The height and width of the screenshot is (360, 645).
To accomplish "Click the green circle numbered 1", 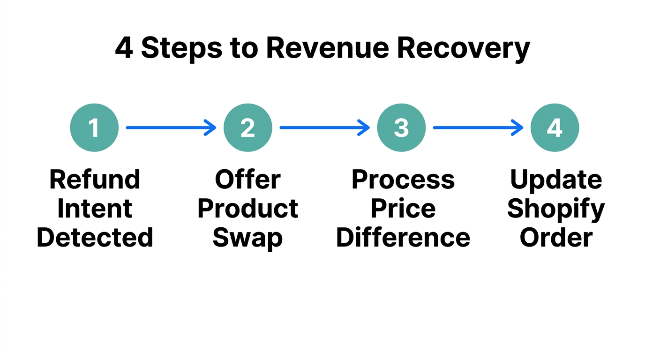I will pos(94,127).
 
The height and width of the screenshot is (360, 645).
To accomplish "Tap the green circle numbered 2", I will pos(247,127).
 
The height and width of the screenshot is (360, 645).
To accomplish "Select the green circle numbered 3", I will pos(401,127).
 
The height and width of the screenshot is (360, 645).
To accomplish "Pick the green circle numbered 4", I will pos(555,127).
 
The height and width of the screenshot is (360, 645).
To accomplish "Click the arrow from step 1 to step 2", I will pos(171,127).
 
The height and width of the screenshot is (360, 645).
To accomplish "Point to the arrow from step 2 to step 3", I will pos(324,127).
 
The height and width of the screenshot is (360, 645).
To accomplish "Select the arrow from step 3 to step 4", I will pos(478,127).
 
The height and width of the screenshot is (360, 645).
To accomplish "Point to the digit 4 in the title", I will pos(124,48).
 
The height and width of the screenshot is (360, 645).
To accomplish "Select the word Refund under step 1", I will pos(95,180).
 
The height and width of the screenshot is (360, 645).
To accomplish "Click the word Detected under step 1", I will pos(95,237).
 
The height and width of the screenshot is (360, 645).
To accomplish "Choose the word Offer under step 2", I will pos(247,180).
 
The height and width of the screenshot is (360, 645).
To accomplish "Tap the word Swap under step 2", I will pos(247,238).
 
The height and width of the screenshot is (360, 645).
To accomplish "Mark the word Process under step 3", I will pos(403,180).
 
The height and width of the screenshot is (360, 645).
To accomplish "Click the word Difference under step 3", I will pos(403,237).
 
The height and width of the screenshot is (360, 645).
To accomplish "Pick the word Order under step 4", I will pos(556,237).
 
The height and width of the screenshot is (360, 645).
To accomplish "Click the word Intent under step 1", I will pos(95,209).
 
